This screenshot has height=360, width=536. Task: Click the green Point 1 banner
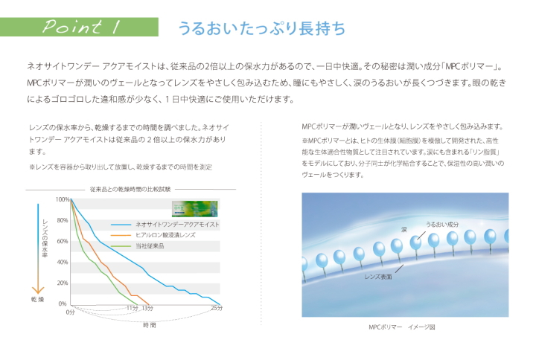coord(79,27)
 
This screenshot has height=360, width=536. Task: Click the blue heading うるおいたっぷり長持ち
coord(261,28)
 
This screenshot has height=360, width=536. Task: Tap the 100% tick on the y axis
coord(63,199)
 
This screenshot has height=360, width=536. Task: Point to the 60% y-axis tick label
coord(63,241)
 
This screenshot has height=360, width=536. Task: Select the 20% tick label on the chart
coord(63,283)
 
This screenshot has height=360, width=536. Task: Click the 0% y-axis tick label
coord(63,303)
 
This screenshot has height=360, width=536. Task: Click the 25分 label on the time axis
coord(217,308)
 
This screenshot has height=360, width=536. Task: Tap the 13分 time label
coord(147,308)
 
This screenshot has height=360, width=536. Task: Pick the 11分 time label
coord(133,308)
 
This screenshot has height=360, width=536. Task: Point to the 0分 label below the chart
coord(70,312)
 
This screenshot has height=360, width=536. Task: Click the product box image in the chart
coord(194,209)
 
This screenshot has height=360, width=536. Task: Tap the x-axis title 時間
coord(150,325)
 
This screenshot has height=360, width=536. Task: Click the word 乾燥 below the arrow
coord(38,300)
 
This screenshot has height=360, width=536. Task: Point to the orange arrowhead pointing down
coord(38,289)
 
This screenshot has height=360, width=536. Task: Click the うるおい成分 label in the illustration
coord(442,225)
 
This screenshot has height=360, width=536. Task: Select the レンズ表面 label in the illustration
coord(378,277)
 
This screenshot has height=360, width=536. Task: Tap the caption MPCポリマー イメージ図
coord(402,327)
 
